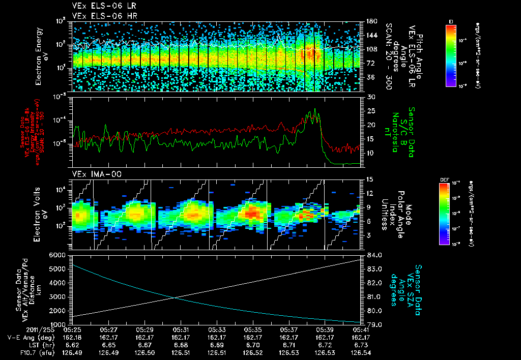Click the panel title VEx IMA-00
coord(92,174)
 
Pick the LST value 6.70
coord(253,344)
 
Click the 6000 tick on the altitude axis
coord(58,255)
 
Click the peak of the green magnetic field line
coord(315,109)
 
